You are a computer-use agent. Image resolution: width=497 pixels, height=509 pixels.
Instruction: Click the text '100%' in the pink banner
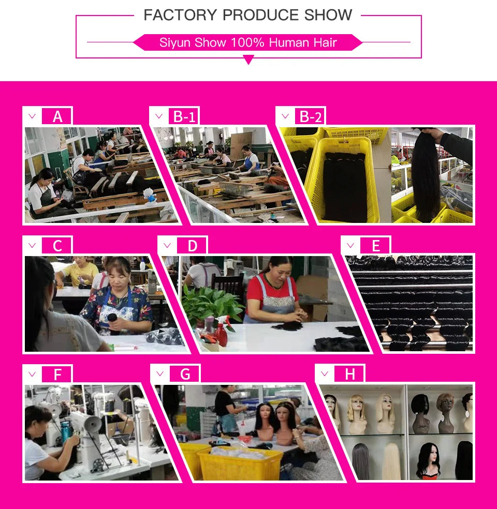247,42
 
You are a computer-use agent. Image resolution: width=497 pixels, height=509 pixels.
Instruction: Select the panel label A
57,116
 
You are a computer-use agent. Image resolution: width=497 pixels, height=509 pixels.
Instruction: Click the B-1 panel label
184,116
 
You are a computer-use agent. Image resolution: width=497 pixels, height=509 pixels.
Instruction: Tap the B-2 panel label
311,116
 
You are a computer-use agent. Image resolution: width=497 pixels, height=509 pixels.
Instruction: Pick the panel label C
57,246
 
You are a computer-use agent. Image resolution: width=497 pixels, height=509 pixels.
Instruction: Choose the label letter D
192,246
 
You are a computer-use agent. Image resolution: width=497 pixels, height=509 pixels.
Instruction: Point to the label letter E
376,246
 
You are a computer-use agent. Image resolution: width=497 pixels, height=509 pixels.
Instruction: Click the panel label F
57,375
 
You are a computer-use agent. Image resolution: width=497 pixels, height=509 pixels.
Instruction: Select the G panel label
185,375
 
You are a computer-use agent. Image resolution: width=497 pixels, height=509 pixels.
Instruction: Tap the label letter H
350,375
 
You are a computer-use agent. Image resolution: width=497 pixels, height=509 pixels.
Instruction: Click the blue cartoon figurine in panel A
150,196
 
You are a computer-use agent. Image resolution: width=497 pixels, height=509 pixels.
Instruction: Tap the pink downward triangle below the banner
248,59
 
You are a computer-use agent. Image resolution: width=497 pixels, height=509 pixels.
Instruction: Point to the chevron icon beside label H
325,373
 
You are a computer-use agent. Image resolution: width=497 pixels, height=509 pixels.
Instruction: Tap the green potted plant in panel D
211,303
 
